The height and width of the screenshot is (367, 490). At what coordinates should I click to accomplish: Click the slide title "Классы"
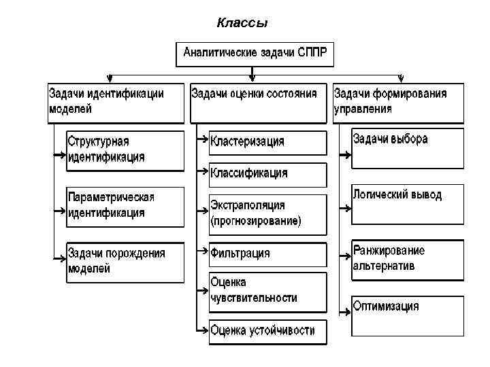point(242,24)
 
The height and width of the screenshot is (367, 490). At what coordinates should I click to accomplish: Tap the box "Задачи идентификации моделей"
point(116,102)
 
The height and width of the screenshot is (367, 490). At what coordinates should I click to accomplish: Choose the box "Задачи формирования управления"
point(398,102)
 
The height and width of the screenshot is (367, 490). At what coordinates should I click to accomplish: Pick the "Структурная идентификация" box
point(125,150)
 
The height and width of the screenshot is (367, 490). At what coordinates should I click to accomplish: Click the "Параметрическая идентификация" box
point(125,205)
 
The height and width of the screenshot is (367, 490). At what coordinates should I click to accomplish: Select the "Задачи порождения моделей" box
point(125,262)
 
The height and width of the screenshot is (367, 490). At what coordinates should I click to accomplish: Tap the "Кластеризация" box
point(267,142)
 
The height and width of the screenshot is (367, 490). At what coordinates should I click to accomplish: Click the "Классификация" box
point(267,174)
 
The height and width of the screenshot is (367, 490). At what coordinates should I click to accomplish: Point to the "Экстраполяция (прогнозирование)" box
point(267,213)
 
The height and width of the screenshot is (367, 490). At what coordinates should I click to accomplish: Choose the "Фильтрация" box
point(267,254)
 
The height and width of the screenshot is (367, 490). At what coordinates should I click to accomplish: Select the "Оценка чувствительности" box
point(267,290)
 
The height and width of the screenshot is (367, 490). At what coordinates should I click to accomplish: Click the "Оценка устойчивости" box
point(267,331)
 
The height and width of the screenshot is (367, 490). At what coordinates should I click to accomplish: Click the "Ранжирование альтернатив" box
point(408,259)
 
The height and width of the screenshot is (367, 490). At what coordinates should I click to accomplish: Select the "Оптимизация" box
point(408,314)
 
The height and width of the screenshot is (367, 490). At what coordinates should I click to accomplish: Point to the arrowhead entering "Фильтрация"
point(205,251)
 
